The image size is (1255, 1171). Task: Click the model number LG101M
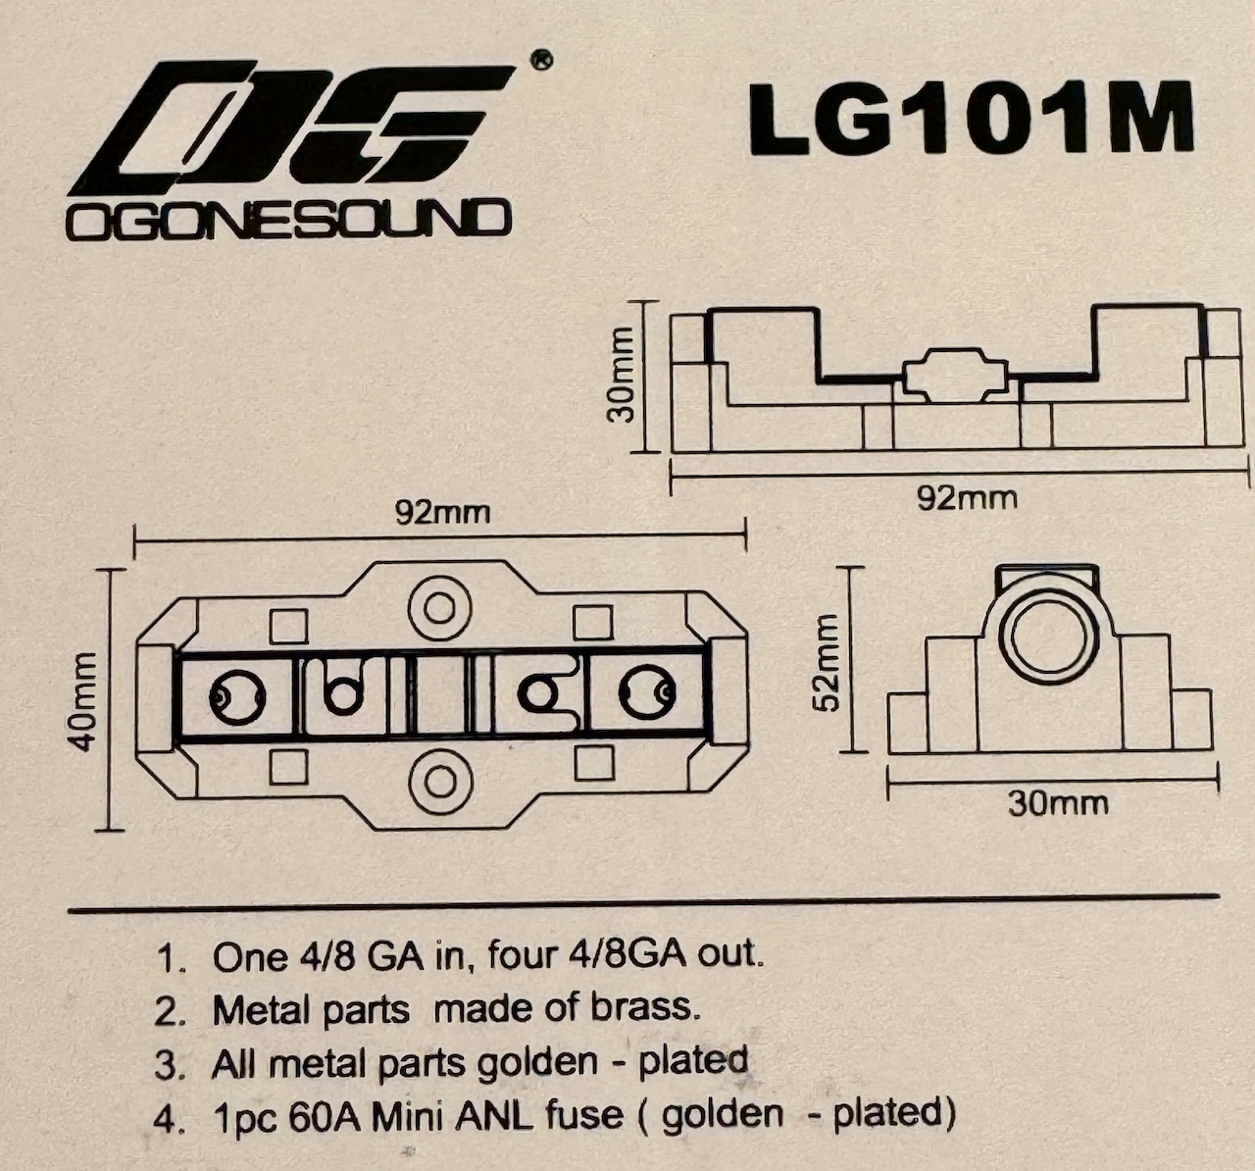(971, 118)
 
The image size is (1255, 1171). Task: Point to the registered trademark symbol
(540, 61)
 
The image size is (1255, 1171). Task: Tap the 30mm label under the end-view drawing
(1058, 804)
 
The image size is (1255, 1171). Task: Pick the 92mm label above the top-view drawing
(442, 513)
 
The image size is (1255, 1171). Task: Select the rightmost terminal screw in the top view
(644, 694)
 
